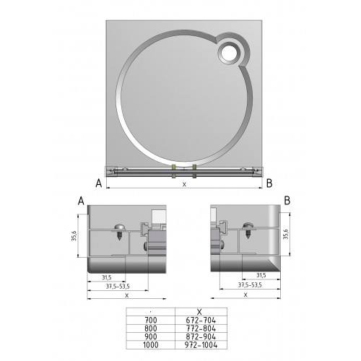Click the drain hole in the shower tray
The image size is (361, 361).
click(x=229, y=53)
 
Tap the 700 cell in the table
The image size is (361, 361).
click(x=151, y=321)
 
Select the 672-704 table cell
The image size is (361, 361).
click(x=201, y=321)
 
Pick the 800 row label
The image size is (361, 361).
click(x=151, y=329)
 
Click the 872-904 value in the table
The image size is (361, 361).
click(x=201, y=336)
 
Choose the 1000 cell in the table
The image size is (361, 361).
click(x=151, y=345)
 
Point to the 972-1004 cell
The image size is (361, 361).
click(x=201, y=345)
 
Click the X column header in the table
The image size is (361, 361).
click(x=199, y=312)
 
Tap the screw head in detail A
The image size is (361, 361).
click(x=119, y=227)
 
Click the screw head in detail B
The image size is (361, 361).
click(x=248, y=226)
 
